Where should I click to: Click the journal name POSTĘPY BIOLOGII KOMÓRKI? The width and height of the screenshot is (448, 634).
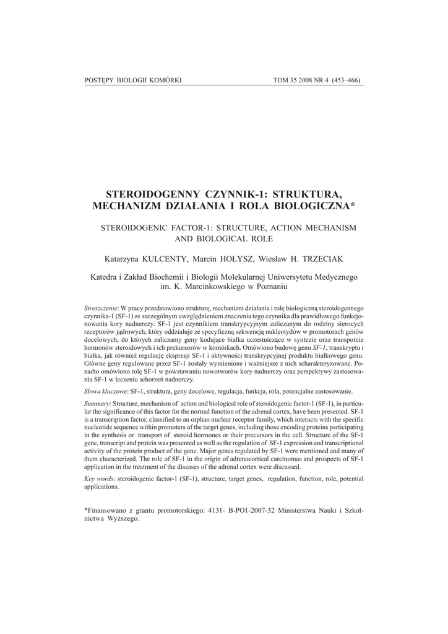pyautogui.click(x=127, y=80)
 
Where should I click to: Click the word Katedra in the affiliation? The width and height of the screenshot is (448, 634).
pyautogui.click(x=105, y=277)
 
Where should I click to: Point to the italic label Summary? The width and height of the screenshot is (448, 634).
pyautogui.click(x=97, y=404)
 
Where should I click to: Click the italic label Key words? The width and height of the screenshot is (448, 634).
pyautogui.click(x=98, y=479)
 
